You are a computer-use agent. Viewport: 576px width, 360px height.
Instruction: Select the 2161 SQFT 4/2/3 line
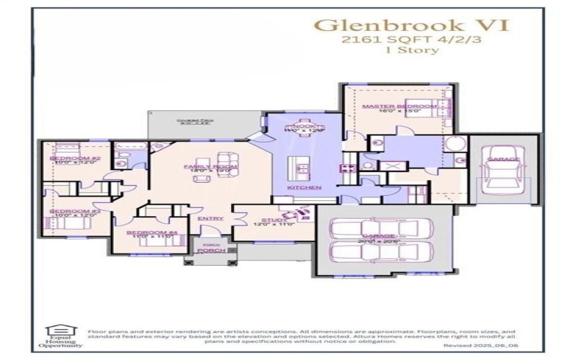[x=413, y=40]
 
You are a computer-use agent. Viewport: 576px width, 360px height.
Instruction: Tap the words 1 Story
[x=413, y=51]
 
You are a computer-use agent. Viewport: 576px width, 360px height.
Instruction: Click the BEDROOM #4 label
[x=151, y=233]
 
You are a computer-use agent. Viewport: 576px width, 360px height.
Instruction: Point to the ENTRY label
[x=205, y=218]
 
